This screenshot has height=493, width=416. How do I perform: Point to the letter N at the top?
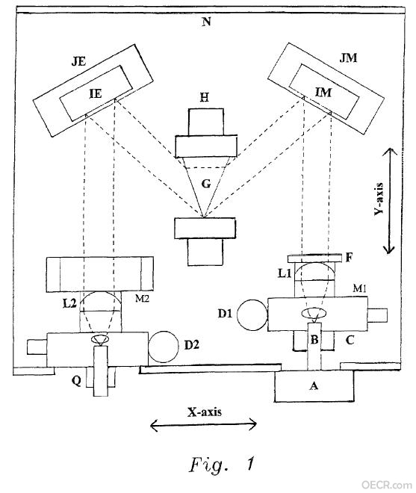(x=206, y=22)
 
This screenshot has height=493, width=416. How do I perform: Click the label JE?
(x=78, y=61)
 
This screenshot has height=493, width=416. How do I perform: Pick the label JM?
(x=348, y=58)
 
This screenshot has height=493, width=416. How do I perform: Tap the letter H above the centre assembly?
(x=205, y=98)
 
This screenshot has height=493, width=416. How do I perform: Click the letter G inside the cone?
(x=205, y=184)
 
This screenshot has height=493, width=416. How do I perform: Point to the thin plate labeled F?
(x=314, y=258)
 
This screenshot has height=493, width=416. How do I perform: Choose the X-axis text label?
(x=205, y=412)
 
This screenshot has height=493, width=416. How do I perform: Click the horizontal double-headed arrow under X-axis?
(x=203, y=425)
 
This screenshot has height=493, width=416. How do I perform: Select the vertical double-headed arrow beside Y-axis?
(x=389, y=201)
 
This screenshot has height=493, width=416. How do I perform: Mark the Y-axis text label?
(x=379, y=199)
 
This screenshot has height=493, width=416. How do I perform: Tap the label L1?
(x=285, y=273)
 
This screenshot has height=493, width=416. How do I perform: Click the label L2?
(x=69, y=303)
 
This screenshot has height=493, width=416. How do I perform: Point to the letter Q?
(x=76, y=381)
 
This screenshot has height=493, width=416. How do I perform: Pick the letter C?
(x=350, y=340)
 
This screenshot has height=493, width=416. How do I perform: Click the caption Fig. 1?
(x=221, y=465)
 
